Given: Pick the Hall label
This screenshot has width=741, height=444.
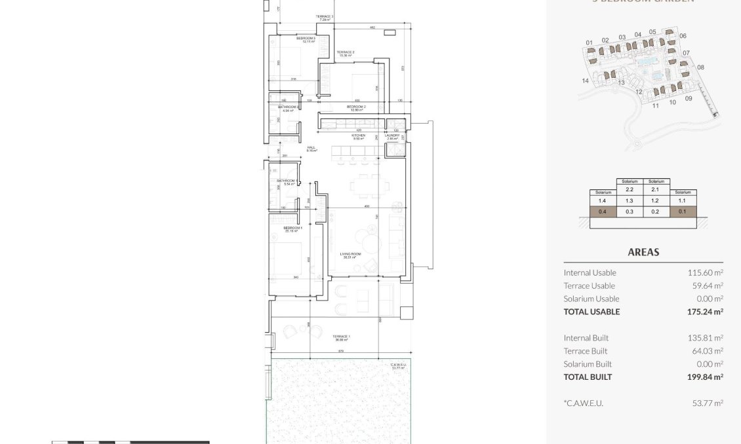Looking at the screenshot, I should tap(311, 149).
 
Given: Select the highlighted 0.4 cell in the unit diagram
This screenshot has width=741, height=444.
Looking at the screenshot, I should tap(603, 212).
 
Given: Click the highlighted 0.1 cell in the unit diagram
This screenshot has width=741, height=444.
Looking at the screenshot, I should tap(682, 212).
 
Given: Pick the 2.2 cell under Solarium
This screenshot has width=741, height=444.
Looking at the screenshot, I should tap(630, 189).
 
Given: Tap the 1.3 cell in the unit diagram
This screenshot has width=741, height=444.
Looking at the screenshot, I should tap(630, 201).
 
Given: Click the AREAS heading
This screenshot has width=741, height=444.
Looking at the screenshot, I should tap(643, 252).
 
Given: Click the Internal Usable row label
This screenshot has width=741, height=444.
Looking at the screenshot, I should tap(590, 273).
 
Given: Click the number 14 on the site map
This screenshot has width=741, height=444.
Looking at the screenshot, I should tap(585, 81).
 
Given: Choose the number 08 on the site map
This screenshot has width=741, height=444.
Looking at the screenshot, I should tap(700, 67).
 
